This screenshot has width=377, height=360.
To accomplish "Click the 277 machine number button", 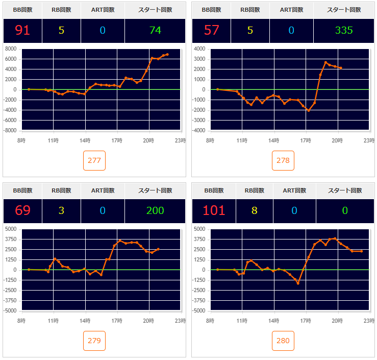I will (x=94, y=160).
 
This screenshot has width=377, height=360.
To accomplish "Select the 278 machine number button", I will (x=283, y=160).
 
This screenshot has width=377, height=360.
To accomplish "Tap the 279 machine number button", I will (x=94, y=341).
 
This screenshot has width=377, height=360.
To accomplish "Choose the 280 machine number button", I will (x=283, y=341).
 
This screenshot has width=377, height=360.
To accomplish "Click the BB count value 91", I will (x=22, y=30).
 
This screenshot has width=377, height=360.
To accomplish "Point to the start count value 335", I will (x=344, y=30).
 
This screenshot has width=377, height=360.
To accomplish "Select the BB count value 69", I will (x=22, y=210).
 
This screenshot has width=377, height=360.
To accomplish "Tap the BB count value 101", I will (x=214, y=210).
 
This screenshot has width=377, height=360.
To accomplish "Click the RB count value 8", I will (x=254, y=210).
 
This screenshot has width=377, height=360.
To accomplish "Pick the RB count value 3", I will (x=61, y=210).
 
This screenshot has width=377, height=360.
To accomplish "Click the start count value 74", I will (x=155, y=30).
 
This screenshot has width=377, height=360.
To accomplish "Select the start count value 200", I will (x=155, y=210).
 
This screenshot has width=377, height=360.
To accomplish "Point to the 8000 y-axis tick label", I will (x=11, y=49).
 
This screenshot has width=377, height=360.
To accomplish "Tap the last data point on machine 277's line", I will (x=167, y=54).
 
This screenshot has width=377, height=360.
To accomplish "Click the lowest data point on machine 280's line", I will (x=298, y=283).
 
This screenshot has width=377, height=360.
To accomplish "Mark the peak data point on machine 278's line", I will (x=325, y=62).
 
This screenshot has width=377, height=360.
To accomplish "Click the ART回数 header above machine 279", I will (x=102, y=190).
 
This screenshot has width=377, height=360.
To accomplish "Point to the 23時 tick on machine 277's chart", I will (x=180, y=140).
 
